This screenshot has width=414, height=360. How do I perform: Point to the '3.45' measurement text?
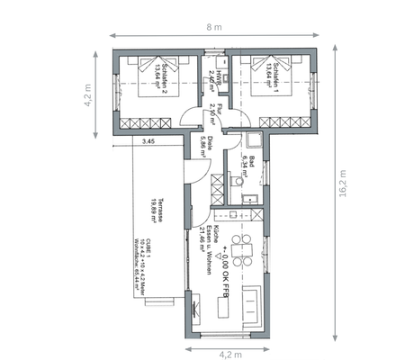coord(148,140)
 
